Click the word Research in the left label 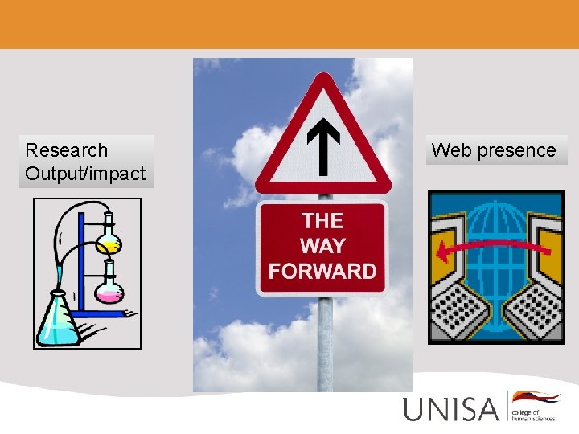click(67, 150)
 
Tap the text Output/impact click(85, 173)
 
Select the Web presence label click(494, 150)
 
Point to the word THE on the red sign click(322, 221)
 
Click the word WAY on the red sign click(322, 246)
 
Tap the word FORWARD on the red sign click(322, 271)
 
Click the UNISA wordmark click(451, 409)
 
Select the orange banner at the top click(289, 24)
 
